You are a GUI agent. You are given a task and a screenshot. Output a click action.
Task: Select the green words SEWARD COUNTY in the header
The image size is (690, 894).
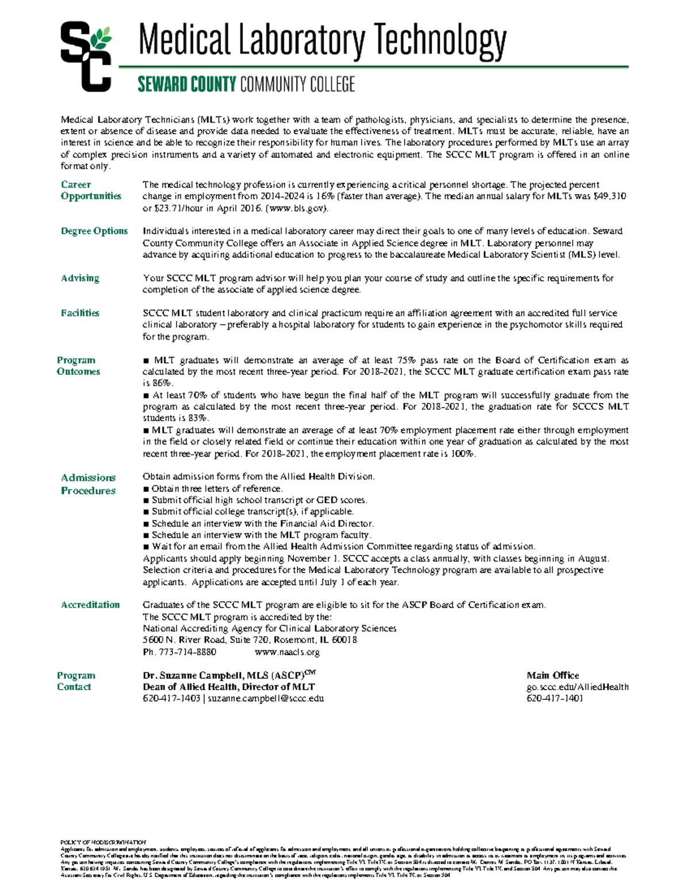pos(186,85)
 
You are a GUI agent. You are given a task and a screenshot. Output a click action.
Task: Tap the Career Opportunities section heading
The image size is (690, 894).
pos(91,190)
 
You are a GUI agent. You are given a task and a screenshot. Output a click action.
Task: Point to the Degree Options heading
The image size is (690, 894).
pos(94,231)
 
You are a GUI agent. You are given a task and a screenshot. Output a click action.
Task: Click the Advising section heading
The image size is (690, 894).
pos(80,278)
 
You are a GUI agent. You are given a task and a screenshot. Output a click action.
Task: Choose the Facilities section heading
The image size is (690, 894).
pos(80,313)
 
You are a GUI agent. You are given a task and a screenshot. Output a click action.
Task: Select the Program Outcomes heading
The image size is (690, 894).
pos(78,366)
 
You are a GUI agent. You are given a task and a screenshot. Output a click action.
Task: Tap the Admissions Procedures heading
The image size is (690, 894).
pos(88,484)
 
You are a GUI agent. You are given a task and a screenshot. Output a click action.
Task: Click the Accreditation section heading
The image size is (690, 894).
pos(90,604)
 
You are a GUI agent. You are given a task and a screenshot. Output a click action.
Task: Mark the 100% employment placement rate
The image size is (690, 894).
pos(463,454)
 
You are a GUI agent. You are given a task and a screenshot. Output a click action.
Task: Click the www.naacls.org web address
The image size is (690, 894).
pos(287,652)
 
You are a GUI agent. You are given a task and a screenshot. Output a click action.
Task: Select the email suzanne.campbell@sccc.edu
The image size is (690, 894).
pos(266,698)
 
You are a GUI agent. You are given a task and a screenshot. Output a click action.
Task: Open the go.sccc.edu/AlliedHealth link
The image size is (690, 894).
pos(577,687)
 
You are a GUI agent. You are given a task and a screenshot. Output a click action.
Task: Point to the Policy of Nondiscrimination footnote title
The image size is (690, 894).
pos(103,842)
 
